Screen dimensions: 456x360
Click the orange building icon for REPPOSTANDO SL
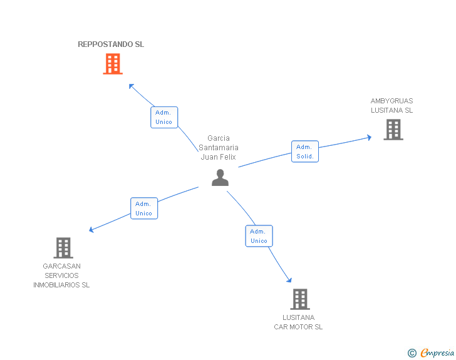[113, 64]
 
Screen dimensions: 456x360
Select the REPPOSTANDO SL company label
[111, 44]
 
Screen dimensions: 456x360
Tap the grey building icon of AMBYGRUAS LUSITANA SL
[393, 130]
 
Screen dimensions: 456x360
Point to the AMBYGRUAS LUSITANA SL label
[391, 106]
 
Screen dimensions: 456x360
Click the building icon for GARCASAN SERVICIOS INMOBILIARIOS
[63, 248]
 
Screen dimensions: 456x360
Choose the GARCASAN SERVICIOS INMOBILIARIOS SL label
[61, 275]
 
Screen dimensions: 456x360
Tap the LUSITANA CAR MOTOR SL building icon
[300, 299]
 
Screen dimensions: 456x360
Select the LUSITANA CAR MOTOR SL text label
[298, 322]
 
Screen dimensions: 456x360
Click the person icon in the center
[220, 177]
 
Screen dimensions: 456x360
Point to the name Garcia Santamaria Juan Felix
[219, 147]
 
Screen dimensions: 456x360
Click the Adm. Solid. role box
[305, 152]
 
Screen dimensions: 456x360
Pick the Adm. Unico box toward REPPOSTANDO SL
[164, 117]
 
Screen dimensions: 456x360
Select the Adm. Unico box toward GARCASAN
[144, 208]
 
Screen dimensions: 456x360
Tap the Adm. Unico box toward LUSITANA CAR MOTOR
[259, 236]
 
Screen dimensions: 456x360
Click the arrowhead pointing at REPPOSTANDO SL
[132, 86]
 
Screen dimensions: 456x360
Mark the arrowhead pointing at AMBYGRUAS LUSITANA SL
[369, 138]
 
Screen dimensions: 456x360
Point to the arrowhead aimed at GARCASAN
[91, 230]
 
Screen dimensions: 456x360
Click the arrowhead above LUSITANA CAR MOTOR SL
[289, 280]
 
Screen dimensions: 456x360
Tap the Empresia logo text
[437, 352]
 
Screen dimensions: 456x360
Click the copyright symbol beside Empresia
[412, 353]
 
